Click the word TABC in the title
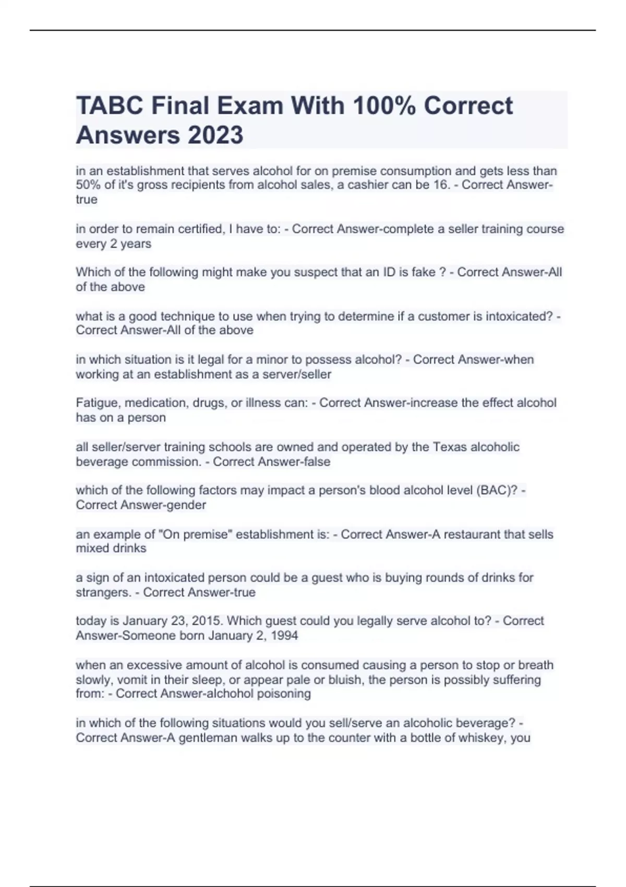pos(109,106)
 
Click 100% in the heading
pos(384,106)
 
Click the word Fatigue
pos(98,403)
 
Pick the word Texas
pos(450,447)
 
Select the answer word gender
pos(189,505)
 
